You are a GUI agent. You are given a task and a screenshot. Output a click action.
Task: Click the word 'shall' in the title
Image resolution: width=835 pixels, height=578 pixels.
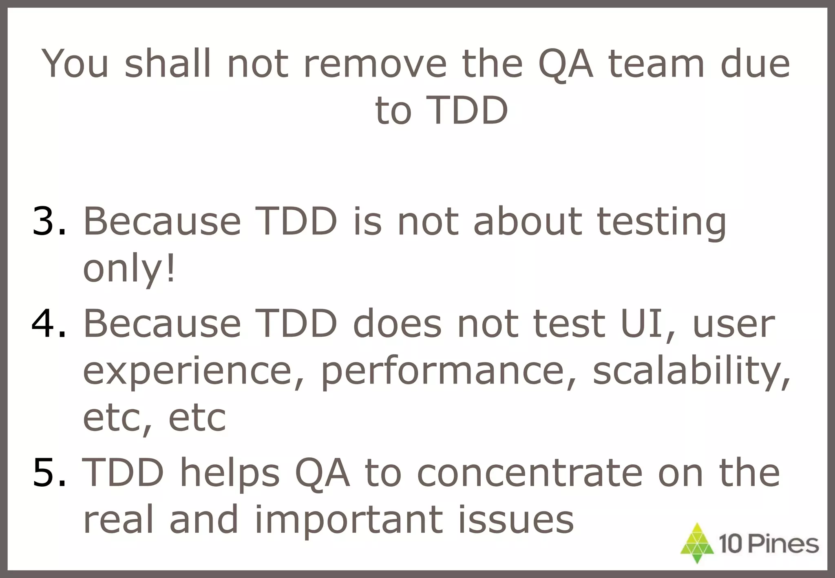[168, 64]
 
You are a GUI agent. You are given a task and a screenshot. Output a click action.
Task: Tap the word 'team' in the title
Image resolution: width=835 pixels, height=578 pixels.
[656, 64]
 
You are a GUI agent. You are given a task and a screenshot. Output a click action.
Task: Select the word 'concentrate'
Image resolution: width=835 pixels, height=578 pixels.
[530, 473]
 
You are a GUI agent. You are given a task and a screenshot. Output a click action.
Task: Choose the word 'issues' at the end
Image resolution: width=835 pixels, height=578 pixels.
[516, 520]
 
